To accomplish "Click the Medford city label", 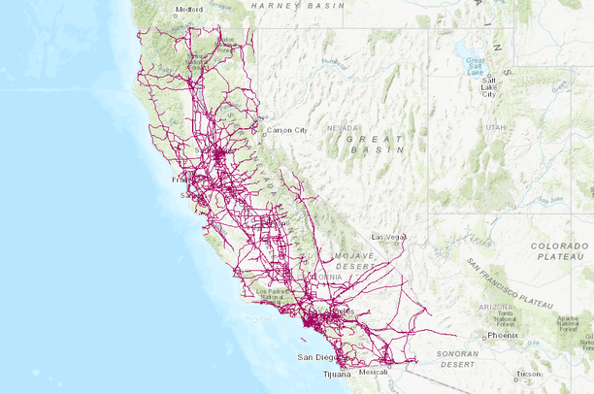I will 190,11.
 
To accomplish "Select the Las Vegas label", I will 390,236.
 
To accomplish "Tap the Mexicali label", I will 374,372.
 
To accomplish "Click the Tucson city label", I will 530,373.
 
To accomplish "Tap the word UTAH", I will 496,127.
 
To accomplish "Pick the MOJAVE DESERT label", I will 352,259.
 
